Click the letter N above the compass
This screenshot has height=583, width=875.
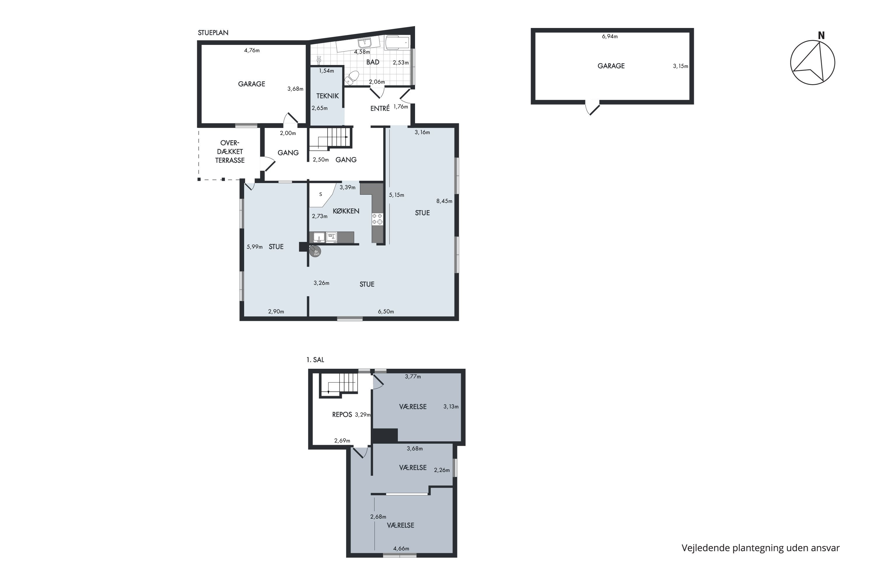(x=821, y=36)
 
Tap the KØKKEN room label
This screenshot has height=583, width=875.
(x=346, y=211)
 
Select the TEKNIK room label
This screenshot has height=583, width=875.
(x=327, y=96)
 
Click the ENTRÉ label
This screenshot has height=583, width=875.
(x=380, y=108)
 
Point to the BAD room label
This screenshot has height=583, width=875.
(x=373, y=62)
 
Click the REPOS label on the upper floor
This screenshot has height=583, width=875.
(x=342, y=415)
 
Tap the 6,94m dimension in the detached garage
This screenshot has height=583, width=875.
(x=610, y=36)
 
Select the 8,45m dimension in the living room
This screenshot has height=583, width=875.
(x=444, y=201)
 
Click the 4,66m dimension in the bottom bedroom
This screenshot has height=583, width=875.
(x=401, y=548)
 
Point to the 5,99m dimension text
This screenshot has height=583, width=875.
(x=254, y=247)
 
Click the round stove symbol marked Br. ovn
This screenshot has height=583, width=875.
(x=316, y=252)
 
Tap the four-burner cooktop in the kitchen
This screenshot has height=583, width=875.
(x=377, y=219)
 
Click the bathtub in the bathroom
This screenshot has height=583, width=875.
(x=397, y=42)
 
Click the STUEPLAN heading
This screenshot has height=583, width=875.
(x=213, y=33)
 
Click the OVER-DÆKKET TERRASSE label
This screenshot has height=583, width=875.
(x=230, y=152)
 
